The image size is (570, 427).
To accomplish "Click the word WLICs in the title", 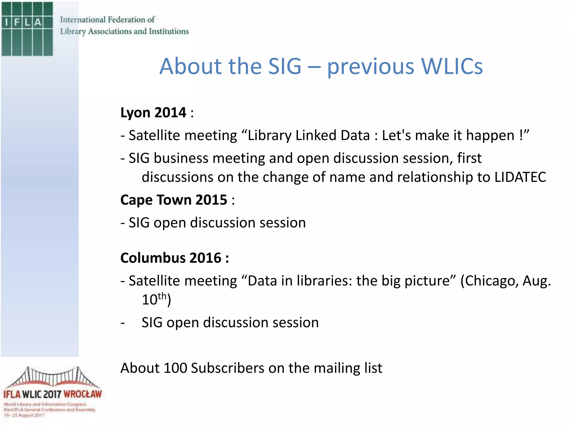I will pyautogui.click(x=451, y=67).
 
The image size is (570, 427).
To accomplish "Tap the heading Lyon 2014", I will pyautogui.click(x=153, y=113).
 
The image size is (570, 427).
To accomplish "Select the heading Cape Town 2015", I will pyautogui.click(x=174, y=200).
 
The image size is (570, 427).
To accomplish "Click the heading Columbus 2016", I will pyautogui.click(x=171, y=258).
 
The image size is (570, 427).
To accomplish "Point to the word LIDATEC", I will pyautogui.click(x=520, y=177).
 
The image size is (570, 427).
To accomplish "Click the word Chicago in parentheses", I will pyautogui.click(x=490, y=281).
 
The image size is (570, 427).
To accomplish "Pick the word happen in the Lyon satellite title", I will pyautogui.click(x=490, y=136).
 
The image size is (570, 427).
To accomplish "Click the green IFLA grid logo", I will pyautogui.click(x=27, y=29).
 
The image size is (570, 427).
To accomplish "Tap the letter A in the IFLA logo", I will pyautogui.click(x=38, y=22).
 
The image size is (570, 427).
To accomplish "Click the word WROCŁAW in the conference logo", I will pyautogui.click(x=83, y=394).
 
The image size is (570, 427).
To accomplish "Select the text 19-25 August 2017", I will pyautogui.click(x=24, y=415).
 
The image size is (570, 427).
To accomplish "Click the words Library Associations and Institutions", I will pyautogui.click(x=124, y=31).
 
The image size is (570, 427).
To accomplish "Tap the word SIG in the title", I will pyautogui.click(x=284, y=67).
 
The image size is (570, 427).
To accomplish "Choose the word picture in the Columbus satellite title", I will pyautogui.click(x=430, y=281).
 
